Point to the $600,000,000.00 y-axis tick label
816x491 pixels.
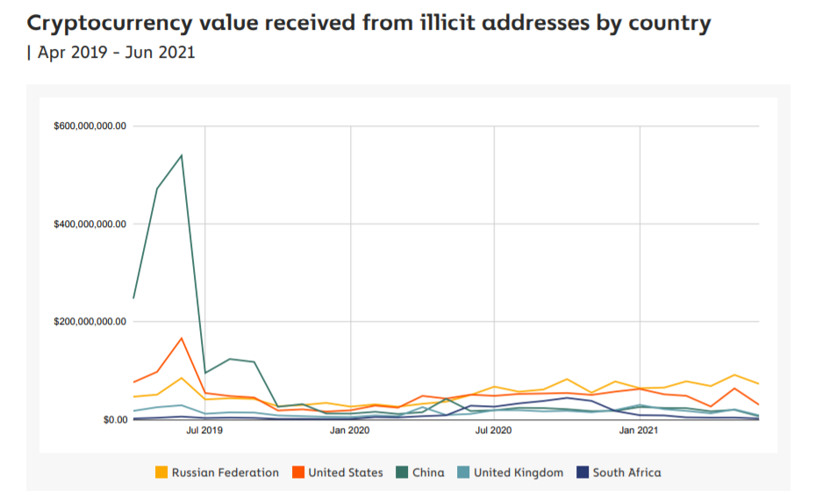tap(90, 126)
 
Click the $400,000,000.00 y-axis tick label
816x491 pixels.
tap(90, 224)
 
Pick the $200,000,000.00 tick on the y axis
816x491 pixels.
tap(90, 322)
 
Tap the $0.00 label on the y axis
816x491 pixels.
tap(114, 420)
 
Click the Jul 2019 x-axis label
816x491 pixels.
tap(205, 431)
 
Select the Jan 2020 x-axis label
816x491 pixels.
tap(350, 431)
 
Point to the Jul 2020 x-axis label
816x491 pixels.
tap(495, 431)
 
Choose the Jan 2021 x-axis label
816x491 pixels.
tap(640, 431)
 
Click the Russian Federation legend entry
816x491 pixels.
tap(225, 473)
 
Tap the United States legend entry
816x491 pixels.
tap(345, 473)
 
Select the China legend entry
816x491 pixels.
tap(427, 473)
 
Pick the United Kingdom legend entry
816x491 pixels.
tap(518, 473)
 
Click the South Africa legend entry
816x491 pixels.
tap(626, 473)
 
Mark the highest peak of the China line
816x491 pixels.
tap(182, 155)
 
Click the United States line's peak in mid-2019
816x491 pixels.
tap(182, 338)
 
